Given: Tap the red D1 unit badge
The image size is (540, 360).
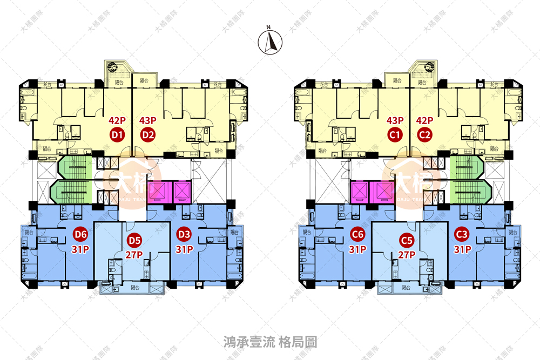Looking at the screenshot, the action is pos(118,135).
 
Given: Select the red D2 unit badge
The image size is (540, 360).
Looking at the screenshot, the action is pos(148,135).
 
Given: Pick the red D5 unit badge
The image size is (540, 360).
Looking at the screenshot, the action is pos(133,240).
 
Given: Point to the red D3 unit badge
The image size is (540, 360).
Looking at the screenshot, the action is pos(184,235).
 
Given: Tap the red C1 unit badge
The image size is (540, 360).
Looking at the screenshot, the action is pos(395,135).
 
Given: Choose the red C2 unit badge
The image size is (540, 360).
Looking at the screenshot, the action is pos(426,135).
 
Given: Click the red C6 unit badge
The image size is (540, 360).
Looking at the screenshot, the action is pos(357,235).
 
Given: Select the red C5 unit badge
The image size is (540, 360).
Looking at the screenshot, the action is pos(407,240).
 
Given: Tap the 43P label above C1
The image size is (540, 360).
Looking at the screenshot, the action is pos(395,121).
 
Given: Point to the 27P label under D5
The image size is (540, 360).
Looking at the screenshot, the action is pos(133,255).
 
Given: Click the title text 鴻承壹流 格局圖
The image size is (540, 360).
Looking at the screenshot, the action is pos(270,342).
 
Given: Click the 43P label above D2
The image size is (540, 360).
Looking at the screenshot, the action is pos(148,121).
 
